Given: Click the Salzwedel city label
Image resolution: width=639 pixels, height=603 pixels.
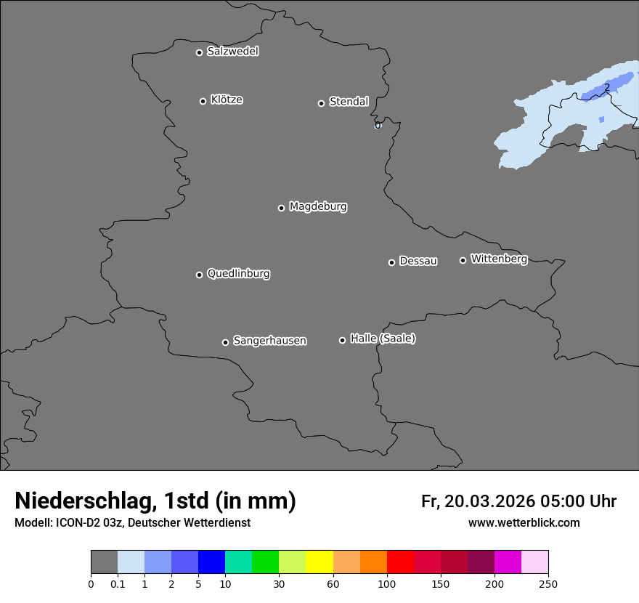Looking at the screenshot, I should (232, 52).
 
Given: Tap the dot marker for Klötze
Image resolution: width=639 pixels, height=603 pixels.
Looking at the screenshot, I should (203, 101).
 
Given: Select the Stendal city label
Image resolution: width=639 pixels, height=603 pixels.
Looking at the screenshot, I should (349, 102).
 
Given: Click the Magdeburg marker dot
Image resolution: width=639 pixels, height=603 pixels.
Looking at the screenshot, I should (281, 208).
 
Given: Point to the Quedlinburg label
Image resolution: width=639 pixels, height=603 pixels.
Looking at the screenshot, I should (238, 274).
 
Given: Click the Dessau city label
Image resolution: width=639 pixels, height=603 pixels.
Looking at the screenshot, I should (418, 262).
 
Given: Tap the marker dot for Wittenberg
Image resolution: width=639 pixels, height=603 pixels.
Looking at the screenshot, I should (463, 260).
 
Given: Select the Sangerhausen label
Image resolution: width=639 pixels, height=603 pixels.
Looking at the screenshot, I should (269, 341).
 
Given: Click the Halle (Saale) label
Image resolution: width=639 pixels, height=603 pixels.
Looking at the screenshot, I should (383, 339).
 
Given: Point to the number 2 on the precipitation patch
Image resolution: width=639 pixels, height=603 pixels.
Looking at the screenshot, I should (606, 88).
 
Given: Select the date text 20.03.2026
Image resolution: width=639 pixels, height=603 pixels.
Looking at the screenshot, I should (489, 501).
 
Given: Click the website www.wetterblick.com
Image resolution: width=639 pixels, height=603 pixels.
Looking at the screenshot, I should (524, 523).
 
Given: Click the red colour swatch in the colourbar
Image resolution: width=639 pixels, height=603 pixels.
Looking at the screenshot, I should (400, 562).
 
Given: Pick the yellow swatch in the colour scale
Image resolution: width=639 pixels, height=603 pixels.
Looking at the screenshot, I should (319, 562).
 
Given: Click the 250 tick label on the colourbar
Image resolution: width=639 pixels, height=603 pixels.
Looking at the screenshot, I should (548, 583).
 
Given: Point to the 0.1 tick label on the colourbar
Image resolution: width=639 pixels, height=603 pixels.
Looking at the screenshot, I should (118, 583).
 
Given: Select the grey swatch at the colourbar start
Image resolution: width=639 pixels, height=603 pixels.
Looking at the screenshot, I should (104, 562).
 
